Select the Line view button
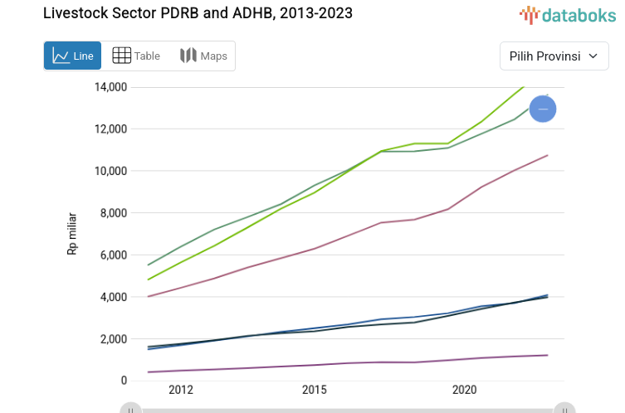point(73,56)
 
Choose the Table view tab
point(137,56)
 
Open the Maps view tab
point(203,56)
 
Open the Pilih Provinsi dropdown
point(554,56)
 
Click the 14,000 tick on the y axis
point(110,87)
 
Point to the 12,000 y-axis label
point(110,129)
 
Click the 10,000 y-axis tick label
point(110,171)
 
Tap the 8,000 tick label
point(113,213)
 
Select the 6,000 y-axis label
point(113,255)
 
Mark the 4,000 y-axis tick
point(113,297)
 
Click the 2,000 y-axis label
point(113,339)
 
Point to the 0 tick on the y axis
point(124,381)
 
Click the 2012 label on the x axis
point(180,390)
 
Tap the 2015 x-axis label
point(314,390)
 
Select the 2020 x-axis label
point(464,390)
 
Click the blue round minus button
point(543,109)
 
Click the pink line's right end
point(547,155)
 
